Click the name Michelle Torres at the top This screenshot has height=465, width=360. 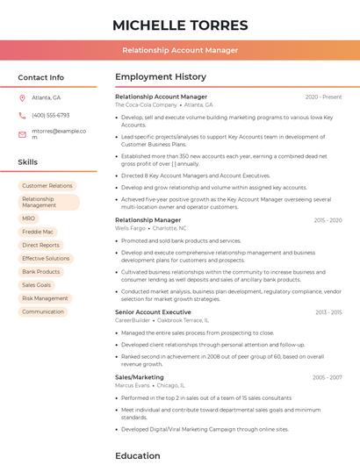(180, 25)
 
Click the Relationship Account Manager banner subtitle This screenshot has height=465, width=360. (180, 50)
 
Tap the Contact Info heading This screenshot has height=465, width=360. (40, 77)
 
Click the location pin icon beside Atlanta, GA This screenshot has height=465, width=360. (22, 97)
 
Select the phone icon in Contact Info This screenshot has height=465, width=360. (22, 115)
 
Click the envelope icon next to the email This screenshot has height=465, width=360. (22, 134)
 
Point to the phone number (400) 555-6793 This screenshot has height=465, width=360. (50, 115)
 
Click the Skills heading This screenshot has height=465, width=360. (28, 162)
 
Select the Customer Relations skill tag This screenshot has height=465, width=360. (47, 186)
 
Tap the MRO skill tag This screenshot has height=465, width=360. (29, 218)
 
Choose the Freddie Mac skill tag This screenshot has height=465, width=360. (37, 232)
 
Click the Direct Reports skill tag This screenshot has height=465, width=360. (40, 245)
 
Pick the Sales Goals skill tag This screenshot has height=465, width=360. (36, 285)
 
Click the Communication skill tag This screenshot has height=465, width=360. (43, 311)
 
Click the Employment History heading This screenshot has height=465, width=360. (160, 77)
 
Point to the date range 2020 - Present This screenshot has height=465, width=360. (323, 97)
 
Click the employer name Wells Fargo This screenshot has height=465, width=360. (131, 228)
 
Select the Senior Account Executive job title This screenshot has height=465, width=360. (153, 312)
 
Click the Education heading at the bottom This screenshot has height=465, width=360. (138, 455)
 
